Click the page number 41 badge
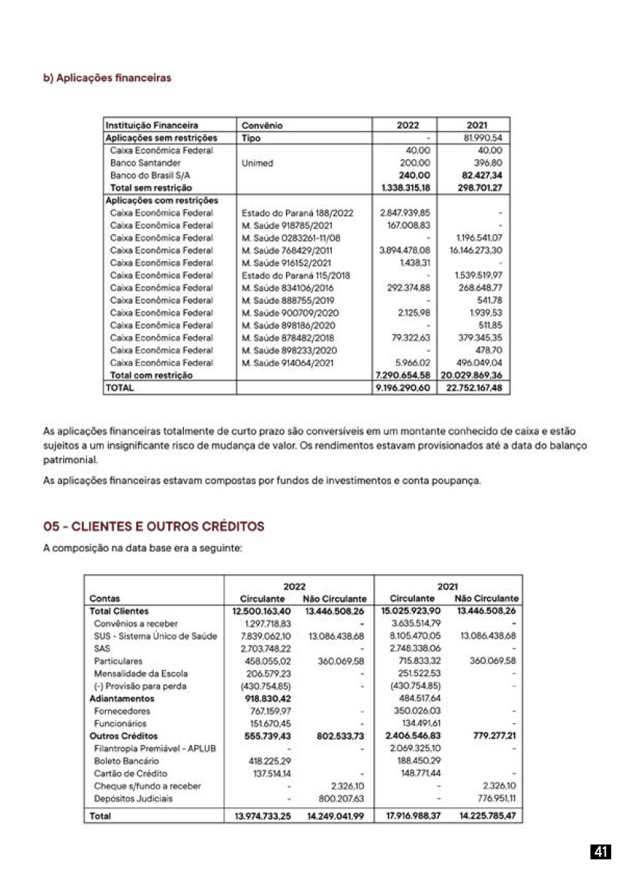(600, 851)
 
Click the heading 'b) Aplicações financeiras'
(107, 77)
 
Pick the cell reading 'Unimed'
(257, 162)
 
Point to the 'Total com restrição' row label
(152, 375)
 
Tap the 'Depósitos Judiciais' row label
(133, 798)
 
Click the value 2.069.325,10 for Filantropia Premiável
(416, 749)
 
